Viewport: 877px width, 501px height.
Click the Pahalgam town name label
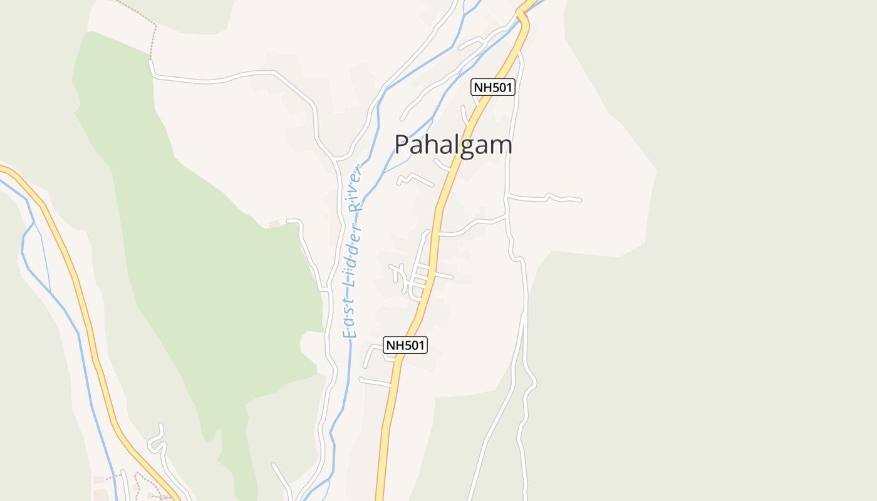(x=453, y=145)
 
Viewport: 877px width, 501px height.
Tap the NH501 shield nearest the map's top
(x=493, y=87)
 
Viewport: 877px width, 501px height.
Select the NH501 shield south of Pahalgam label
(x=405, y=345)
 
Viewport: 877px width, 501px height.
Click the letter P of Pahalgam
(x=403, y=145)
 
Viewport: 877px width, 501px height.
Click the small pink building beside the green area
(x=273, y=224)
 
